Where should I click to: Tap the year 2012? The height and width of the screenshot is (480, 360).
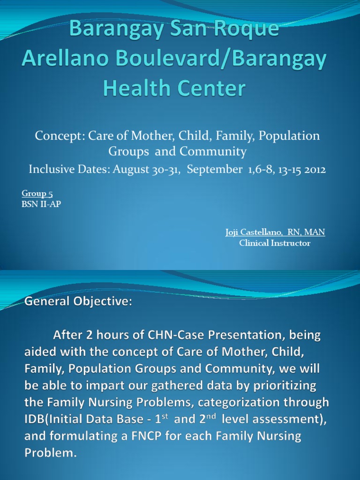coord(315,169)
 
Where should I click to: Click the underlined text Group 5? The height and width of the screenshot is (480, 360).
coord(34,194)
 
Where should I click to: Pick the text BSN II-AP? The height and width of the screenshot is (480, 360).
coord(41,204)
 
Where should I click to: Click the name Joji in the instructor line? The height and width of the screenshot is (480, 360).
coord(233,232)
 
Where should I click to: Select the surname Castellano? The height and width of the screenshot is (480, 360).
coord(267,232)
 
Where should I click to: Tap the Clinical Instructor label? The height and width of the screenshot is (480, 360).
coord(275,243)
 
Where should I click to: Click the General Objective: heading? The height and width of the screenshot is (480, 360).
coord(78,302)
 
